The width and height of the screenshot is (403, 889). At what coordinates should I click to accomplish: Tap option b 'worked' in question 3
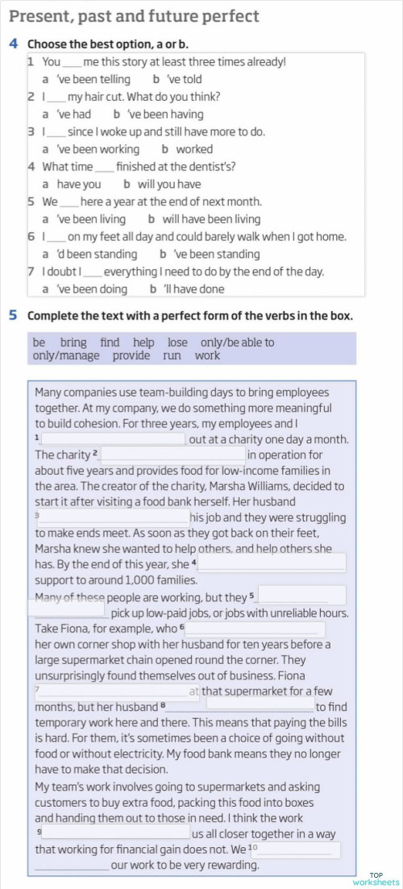point(193,149)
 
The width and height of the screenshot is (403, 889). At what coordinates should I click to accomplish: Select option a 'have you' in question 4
point(79,184)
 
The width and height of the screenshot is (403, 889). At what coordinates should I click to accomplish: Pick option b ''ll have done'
point(192,289)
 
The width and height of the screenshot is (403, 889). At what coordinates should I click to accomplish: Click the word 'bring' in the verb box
point(73,343)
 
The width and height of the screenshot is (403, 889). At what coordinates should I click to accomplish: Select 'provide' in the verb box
point(131,355)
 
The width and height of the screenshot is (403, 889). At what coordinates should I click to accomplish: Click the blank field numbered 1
point(113,439)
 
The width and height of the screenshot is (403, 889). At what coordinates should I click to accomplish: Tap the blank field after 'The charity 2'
point(172,455)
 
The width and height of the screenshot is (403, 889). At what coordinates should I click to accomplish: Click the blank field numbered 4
point(272,563)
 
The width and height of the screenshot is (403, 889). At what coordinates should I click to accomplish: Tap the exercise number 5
point(14,316)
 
